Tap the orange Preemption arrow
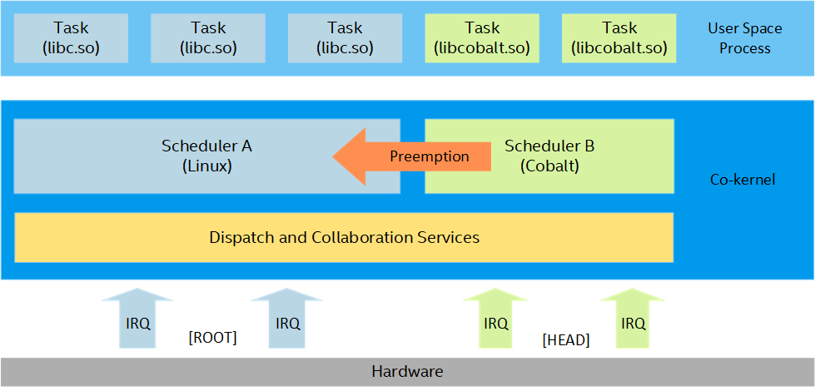(x=412, y=156)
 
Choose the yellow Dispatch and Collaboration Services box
(x=344, y=237)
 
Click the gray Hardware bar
(x=408, y=372)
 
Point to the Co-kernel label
(x=743, y=181)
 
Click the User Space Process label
(x=745, y=38)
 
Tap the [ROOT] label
(x=212, y=338)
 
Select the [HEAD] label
(x=566, y=340)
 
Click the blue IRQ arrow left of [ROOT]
(x=137, y=318)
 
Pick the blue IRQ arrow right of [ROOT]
(x=287, y=318)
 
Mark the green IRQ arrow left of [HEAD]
(x=495, y=318)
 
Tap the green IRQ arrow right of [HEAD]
(x=633, y=318)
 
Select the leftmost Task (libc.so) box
(x=71, y=38)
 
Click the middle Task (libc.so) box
(x=208, y=38)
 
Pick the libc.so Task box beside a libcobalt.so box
(x=345, y=38)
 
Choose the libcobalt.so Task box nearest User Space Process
(x=619, y=38)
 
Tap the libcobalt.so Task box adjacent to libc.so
(x=482, y=38)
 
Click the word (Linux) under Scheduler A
(x=206, y=166)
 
